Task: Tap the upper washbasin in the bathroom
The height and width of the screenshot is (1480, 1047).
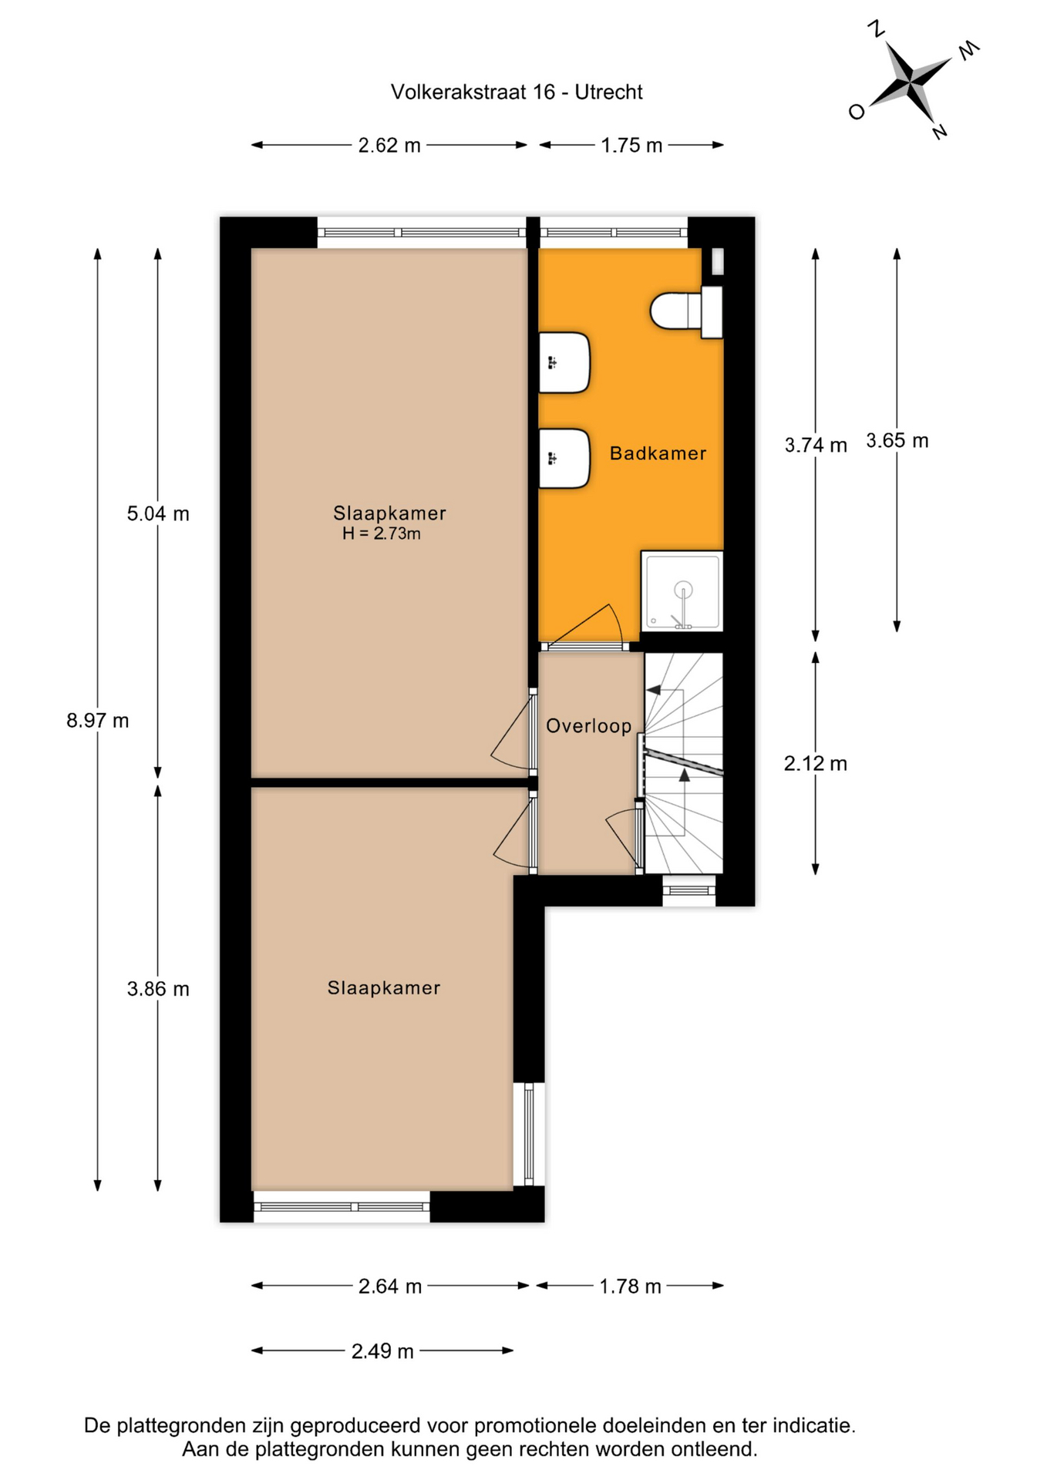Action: (x=564, y=362)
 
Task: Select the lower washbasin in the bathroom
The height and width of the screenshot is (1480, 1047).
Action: (x=564, y=459)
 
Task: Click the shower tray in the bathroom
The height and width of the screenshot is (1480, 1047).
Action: (x=682, y=591)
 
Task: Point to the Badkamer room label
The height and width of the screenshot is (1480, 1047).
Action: (x=658, y=453)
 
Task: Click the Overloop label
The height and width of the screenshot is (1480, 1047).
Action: (x=588, y=725)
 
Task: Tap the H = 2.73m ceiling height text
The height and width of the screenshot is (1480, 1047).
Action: (x=382, y=533)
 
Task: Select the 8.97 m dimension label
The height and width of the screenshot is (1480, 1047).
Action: (x=97, y=721)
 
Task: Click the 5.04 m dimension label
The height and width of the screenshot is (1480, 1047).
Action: (x=158, y=513)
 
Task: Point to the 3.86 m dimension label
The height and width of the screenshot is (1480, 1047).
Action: (x=158, y=989)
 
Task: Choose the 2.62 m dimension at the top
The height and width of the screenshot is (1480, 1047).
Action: (x=389, y=145)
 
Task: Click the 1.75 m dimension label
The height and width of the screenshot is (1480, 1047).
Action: (x=631, y=145)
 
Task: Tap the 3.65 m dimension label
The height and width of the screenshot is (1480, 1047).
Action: (x=897, y=440)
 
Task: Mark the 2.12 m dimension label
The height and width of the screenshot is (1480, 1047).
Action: (x=816, y=763)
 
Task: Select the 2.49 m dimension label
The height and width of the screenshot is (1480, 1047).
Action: (x=382, y=1351)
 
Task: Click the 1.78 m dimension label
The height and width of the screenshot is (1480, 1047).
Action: (x=631, y=1287)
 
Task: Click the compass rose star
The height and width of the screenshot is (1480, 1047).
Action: (x=911, y=80)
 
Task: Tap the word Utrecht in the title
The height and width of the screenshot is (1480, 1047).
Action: (x=608, y=92)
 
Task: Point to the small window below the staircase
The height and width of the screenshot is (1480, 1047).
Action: (x=689, y=890)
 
